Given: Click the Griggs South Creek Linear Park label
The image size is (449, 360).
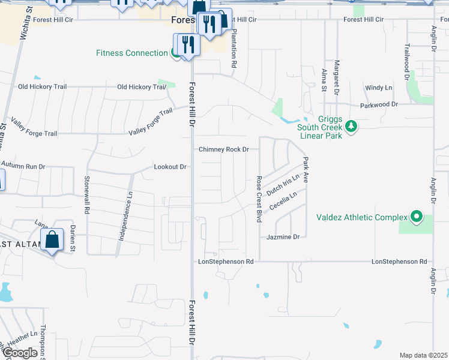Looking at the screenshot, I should coord(319,127).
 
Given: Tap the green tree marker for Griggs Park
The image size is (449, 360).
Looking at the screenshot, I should coord(352,127).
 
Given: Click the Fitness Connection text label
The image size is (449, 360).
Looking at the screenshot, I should coord(132,53).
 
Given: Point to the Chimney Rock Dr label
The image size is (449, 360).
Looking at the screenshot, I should coord(224,149).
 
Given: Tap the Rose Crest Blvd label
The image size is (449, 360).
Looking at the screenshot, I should coord(259,199).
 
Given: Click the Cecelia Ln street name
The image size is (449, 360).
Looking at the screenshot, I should coord(283,201).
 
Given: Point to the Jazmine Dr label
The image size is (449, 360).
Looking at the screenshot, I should coord(283,238).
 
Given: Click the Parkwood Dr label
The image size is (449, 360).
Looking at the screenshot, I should coord(379,104).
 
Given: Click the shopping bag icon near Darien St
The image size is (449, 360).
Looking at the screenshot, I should coord(52,240).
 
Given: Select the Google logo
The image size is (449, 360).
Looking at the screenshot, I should coord(19,353).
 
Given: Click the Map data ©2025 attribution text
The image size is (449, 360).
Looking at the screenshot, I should coord(423,355).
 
